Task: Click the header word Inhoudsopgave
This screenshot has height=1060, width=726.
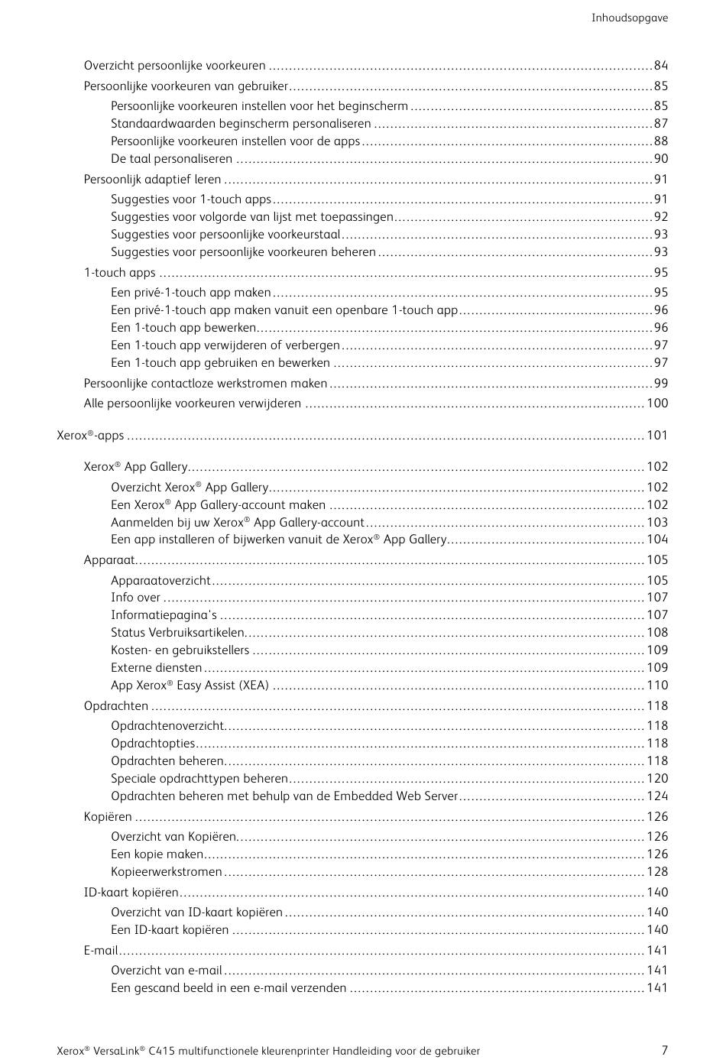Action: [629, 18]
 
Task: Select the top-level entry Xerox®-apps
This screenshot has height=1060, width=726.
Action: [90, 436]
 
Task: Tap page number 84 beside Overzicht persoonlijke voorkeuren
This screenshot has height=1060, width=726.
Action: [660, 66]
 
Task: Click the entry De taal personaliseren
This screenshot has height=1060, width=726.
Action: [171, 159]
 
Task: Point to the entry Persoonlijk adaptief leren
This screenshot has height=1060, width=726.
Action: [152, 180]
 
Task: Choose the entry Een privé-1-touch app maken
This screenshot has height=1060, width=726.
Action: [190, 293]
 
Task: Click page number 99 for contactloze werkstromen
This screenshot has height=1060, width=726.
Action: [660, 384]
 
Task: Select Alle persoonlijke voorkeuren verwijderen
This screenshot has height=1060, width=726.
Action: [192, 404]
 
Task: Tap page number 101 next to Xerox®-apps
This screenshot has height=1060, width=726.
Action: [657, 436]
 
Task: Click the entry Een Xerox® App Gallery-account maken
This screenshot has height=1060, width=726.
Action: [218, 505]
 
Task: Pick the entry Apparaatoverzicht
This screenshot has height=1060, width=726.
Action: [160, 581]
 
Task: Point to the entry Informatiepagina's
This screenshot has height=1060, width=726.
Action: [164, 615]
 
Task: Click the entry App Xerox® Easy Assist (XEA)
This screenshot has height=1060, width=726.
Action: [190, 686]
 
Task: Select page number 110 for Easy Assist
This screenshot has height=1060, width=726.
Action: [657, 686]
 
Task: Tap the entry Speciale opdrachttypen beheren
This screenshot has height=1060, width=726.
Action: [199, 779]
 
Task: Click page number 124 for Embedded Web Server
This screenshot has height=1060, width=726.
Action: [657, 796]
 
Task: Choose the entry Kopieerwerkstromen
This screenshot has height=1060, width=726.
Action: [166, 872]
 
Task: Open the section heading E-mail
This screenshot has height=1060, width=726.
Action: [101, 951]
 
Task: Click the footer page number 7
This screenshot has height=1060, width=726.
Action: [664, 1050]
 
